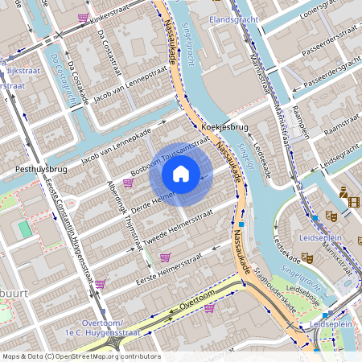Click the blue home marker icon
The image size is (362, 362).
(x=181, y=173)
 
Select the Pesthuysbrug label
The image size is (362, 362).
(x=40, y=170)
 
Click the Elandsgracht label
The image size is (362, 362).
(x=231, y=18)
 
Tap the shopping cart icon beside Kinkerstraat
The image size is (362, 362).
(x=84, y=17)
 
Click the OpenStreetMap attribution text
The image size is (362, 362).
(x=80, y=356)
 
